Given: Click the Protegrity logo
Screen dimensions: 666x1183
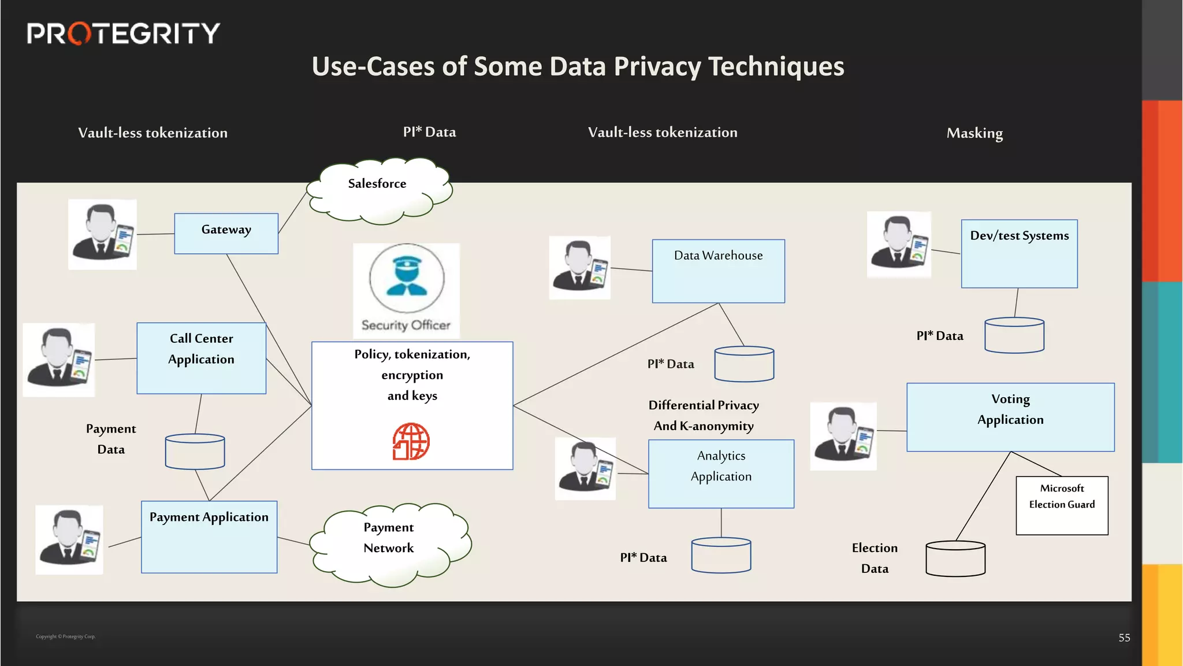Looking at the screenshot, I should [123, 34].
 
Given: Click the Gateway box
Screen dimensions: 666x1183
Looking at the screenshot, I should [226, 234].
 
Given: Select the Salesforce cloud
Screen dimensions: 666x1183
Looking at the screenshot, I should [378, 191].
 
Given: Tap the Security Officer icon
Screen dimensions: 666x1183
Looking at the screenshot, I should [407, 289].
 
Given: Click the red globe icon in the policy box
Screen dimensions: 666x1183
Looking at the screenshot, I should [411, 442].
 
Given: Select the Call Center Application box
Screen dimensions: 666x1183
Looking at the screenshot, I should [201, 358].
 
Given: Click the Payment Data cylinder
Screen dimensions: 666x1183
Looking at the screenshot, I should [195, 452].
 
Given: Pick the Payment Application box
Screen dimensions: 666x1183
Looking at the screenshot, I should [209, 537].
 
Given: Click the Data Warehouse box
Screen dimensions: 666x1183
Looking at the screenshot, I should [718, 271].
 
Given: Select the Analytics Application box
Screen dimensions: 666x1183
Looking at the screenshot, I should [721, 474].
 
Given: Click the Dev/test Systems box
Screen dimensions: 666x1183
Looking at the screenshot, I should [1019, 254].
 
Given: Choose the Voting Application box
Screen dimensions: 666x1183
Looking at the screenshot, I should [1010, 417].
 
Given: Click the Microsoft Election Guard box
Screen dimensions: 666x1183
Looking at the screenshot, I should [1062, 505].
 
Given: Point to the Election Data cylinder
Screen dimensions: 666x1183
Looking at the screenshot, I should [955, 558].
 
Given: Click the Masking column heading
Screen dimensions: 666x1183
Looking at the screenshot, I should [974, 134].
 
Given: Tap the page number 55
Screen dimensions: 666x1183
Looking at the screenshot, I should [1124, 638].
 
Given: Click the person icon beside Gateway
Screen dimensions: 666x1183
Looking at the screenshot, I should [103, 234].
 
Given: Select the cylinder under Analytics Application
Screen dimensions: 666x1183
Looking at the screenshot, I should [721, 555].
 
